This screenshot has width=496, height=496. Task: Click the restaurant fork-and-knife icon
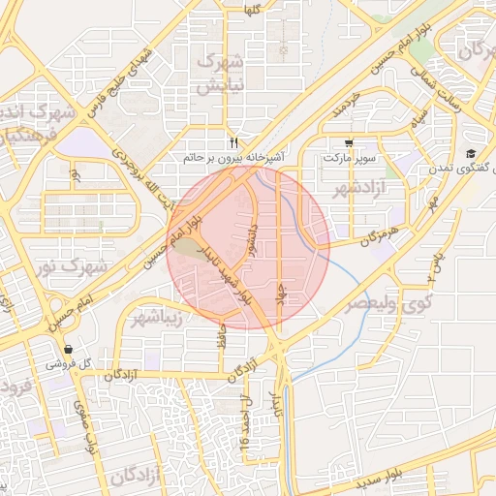click(x=233, y=140)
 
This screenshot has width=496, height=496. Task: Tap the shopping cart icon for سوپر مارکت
click(x=349, y=142)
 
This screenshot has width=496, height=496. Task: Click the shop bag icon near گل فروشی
click(x=68, y=350)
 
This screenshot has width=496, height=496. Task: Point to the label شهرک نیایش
click(x=219, y=74)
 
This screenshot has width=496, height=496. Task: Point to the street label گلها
click(x=254, y=9)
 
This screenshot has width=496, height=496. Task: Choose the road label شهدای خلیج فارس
click(x=120, y=83)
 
